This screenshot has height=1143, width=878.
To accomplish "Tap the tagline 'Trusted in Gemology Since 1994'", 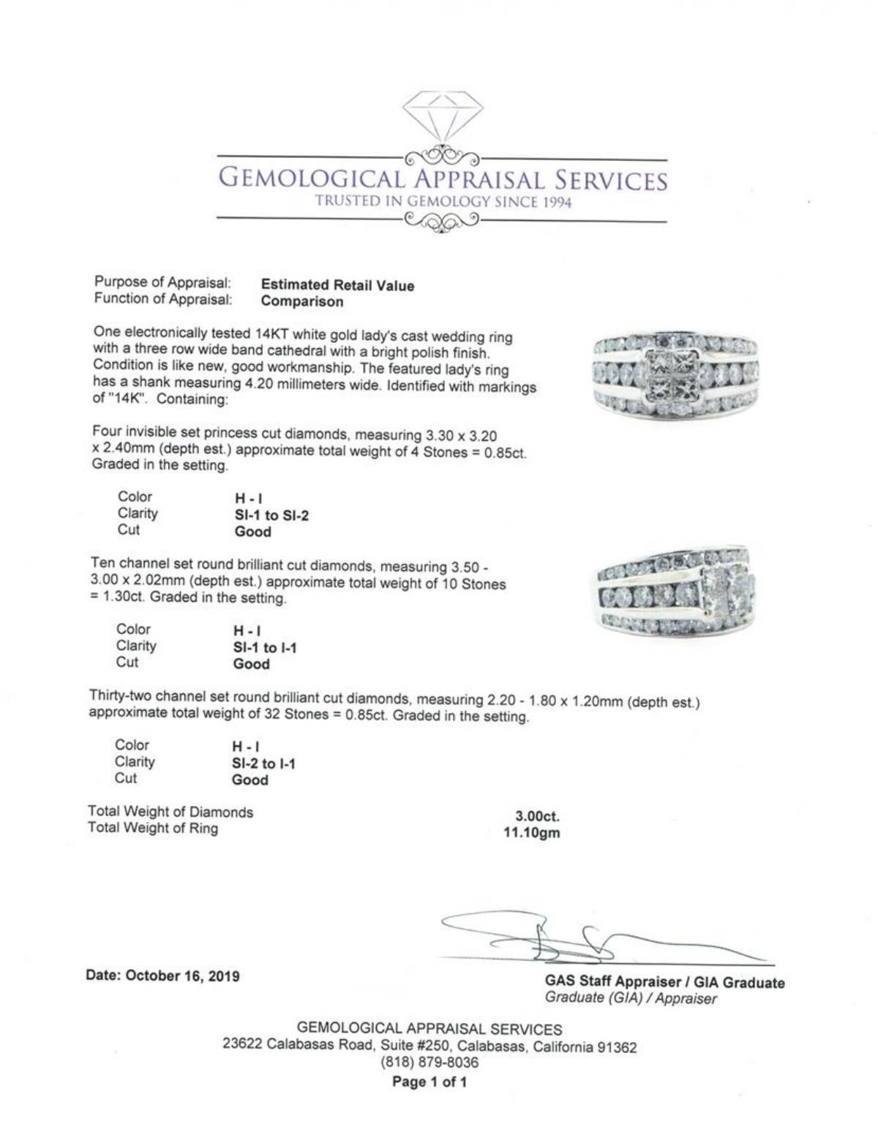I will coord(443,202).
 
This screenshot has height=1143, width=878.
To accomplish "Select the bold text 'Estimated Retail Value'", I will coord(337,285).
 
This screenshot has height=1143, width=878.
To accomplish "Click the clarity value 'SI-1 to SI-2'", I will coord(271,516).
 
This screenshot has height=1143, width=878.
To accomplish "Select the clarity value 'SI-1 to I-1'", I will coord(265,647).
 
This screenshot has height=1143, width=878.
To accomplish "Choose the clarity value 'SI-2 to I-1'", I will coord(263,763).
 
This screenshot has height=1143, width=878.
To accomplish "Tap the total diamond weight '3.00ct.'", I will coord(538,816).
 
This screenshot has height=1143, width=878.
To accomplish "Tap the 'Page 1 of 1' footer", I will coord(429,1082).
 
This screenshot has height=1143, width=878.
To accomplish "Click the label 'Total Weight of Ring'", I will coord(153,828).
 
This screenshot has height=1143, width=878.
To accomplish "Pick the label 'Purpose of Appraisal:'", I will coord(162,282).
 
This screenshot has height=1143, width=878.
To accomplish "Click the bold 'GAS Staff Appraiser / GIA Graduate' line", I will coord(664,982).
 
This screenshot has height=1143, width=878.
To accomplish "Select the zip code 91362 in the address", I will coord(617,1047).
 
